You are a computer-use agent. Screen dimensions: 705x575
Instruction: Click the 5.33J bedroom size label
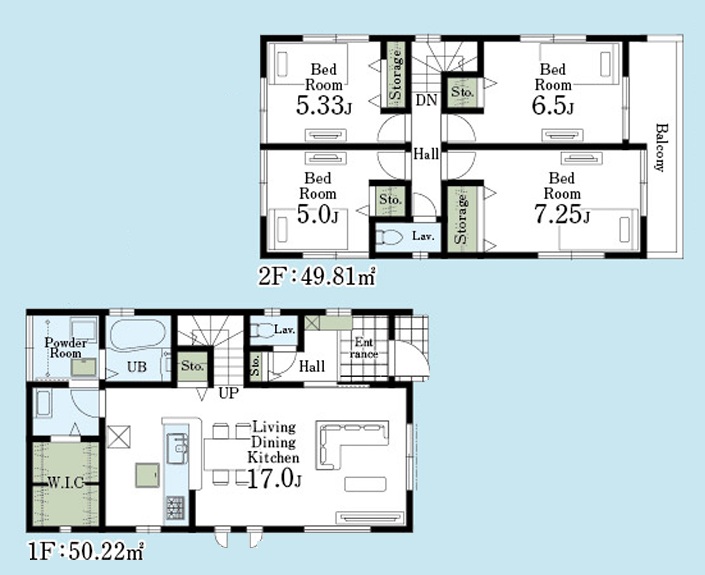323,106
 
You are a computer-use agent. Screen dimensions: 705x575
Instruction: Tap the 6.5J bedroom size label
553,106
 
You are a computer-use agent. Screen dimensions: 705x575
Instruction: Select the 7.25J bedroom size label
562,214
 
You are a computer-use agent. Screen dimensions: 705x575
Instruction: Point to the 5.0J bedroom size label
317,214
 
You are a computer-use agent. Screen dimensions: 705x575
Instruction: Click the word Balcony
660,147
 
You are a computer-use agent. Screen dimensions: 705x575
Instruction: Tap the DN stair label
426,100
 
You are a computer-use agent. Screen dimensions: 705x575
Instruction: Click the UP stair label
228,393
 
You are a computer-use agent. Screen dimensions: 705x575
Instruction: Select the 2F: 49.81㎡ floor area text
317,276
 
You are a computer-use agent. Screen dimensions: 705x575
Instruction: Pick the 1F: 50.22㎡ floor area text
85,551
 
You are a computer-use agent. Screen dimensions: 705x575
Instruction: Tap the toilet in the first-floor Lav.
261,330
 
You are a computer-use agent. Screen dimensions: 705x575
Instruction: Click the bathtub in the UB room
138,335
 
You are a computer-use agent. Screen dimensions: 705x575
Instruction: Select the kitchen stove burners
175,507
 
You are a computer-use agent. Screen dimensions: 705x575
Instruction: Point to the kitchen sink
178,448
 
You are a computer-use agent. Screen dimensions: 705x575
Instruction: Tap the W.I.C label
66,483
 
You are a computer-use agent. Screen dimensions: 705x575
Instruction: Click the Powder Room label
66,348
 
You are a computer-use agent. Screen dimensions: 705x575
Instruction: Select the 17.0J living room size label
274,479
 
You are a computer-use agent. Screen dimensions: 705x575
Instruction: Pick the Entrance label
364,348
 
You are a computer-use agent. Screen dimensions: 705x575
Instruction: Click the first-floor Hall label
312,366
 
